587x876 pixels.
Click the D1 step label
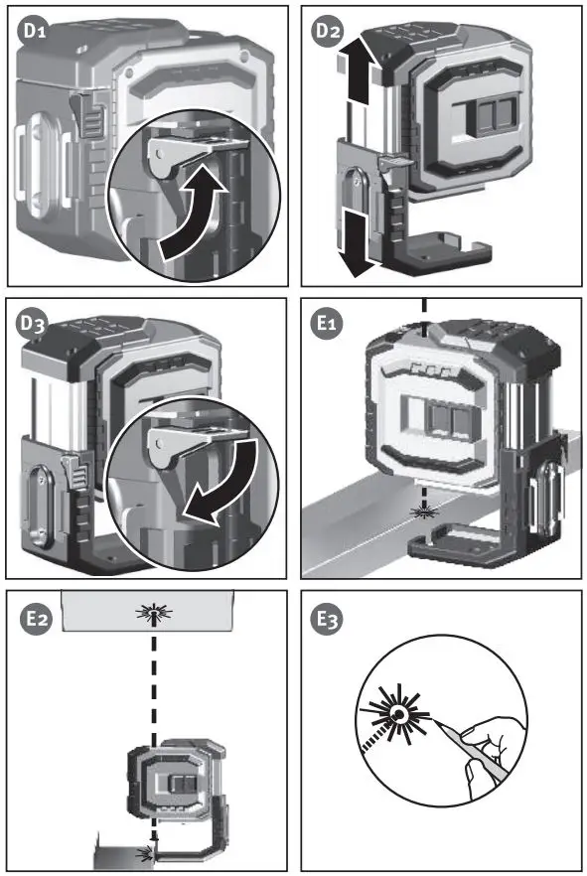pyautogui.click(x=35, y=30)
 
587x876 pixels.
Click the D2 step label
pyautogui.click(x=328, y=30)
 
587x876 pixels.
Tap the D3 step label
pyautogui.click(x=34, y=324)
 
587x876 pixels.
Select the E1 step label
pyautogui.click(x=327, y=323)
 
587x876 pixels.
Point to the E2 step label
pyautogui.click(x=37, y=619)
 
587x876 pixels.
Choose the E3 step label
pyautogui.click(x=329, y=619)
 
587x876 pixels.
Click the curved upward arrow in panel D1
pyautogui.click(x=193, y=214)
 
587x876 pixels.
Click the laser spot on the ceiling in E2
pyautogui.click(x=154, y=613)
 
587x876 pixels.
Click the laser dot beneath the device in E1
pyautogui.click(x=424, y=511)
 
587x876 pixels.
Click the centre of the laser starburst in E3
pyautogui.click(x=398, y=713)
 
